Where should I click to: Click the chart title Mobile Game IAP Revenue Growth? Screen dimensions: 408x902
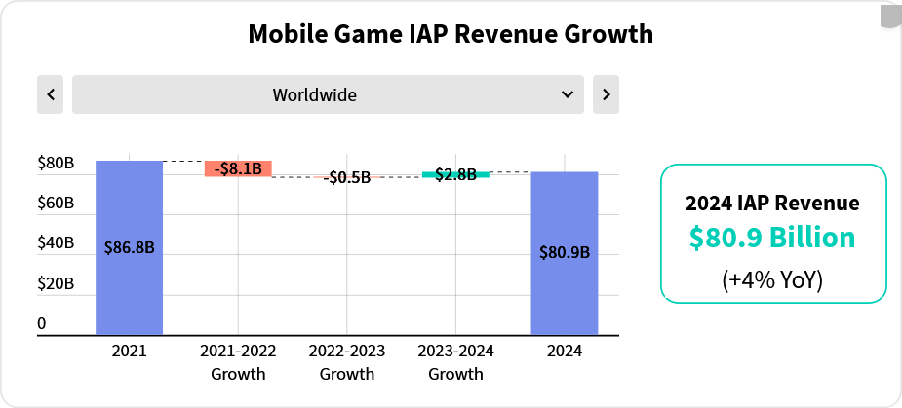(451, 34)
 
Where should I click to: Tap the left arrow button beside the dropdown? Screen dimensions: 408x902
(51, 94)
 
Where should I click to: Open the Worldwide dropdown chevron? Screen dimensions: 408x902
(568, 94)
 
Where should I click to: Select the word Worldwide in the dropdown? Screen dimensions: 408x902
(314, 94)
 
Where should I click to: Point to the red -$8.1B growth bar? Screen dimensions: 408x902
(238, 168)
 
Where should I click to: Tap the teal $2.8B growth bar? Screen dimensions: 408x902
(455, 174)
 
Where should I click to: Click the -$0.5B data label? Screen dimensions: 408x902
(348, 177)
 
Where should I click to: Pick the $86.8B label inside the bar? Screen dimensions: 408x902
(129, 247)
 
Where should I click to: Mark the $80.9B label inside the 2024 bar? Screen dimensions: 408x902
(565, 252)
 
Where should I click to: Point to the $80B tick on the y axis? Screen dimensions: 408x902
(56, 164)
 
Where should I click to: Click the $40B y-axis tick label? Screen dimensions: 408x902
(56, 243)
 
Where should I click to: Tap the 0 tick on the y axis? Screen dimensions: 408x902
(42, 323)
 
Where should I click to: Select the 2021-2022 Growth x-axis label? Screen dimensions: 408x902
(238, 361)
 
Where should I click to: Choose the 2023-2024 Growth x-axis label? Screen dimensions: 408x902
(455, 361)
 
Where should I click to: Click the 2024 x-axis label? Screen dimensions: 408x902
(565, 351)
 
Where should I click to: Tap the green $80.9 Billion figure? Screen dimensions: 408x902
(772, 238)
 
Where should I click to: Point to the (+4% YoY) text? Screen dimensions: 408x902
(772, 280)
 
